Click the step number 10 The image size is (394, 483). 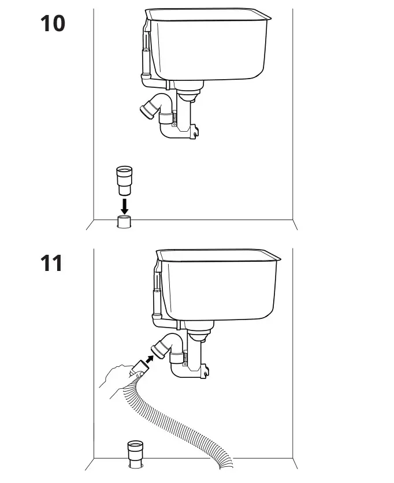pyautogui.click(x=53, y=24)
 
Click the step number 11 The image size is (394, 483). pyautogui.click(x=52, y=263)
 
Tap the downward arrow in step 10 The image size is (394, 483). pyautogui.click(x=124, y=205)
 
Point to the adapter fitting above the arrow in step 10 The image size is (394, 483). pyautogui.click(x=124, y=180)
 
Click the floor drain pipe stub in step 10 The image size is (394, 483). pyautogui.click(x=124, y=222)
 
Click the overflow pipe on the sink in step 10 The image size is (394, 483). pyautogui.click(x=144, y=55)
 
